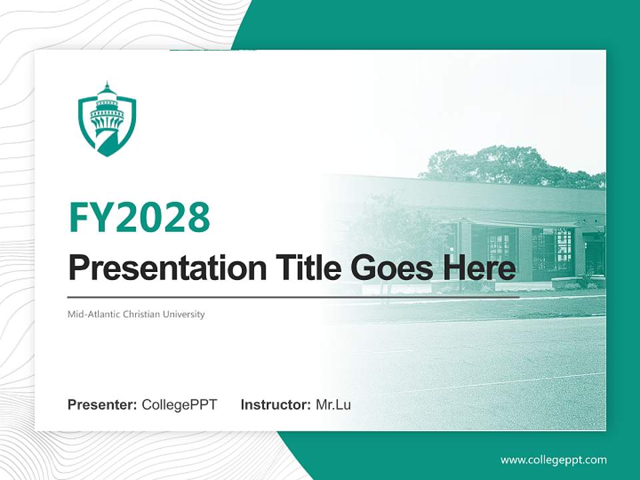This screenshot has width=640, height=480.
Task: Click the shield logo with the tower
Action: click(107, 120)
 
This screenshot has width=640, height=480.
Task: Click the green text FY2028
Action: click(139, 217)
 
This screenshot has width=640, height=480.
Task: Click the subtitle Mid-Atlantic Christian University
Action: click(136, 314)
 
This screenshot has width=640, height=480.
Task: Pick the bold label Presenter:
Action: click(103, 405)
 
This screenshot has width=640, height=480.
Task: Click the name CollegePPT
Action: click(179, 405)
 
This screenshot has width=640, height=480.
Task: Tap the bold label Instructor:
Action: click(275, 405)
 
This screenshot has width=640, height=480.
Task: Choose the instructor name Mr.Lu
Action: click(333, 405)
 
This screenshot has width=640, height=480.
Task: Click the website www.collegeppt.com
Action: click(553, 460)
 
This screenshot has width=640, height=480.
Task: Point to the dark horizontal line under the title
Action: click(293, 297)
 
